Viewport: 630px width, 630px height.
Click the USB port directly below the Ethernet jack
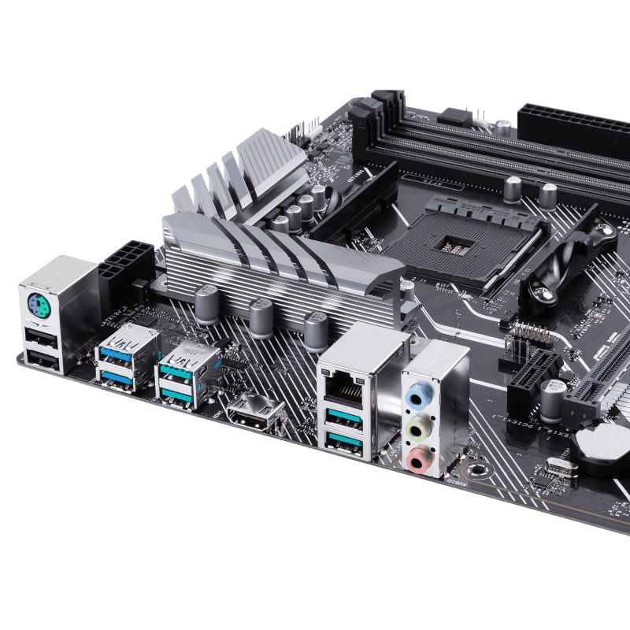[x=343, y=417]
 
